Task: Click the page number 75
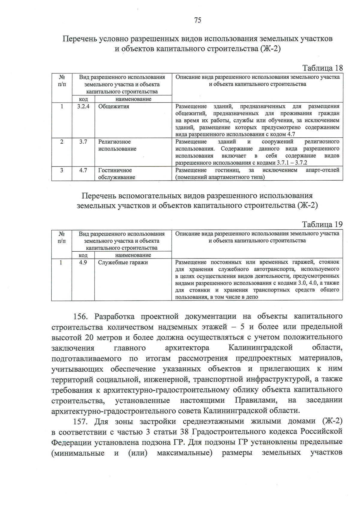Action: pyautogui.click(x=198, y=20)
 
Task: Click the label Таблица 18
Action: pyautogui.click(x=322, y=68)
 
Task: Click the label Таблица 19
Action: pyautogui.click(x=322, y=224)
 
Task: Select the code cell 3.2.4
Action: pyautogui.click(x=83, y=106)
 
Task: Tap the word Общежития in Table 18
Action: pyautogui.click(x=114, y=106)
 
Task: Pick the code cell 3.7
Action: pyautogui.click(x=83, y=142)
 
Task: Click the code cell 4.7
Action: pyautogui.click(x=83, y=170)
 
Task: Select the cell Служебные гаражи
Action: pyautogui.click(x=123, y=262)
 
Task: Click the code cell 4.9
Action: pyautogui.click(x=83, y=262)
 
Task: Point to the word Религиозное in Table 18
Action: pyautogui.click(x=115, y=142)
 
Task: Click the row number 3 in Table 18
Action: pyautogui.click(x=61, y=170)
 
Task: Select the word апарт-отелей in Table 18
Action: pyautogui.click(x=322, y=170)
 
